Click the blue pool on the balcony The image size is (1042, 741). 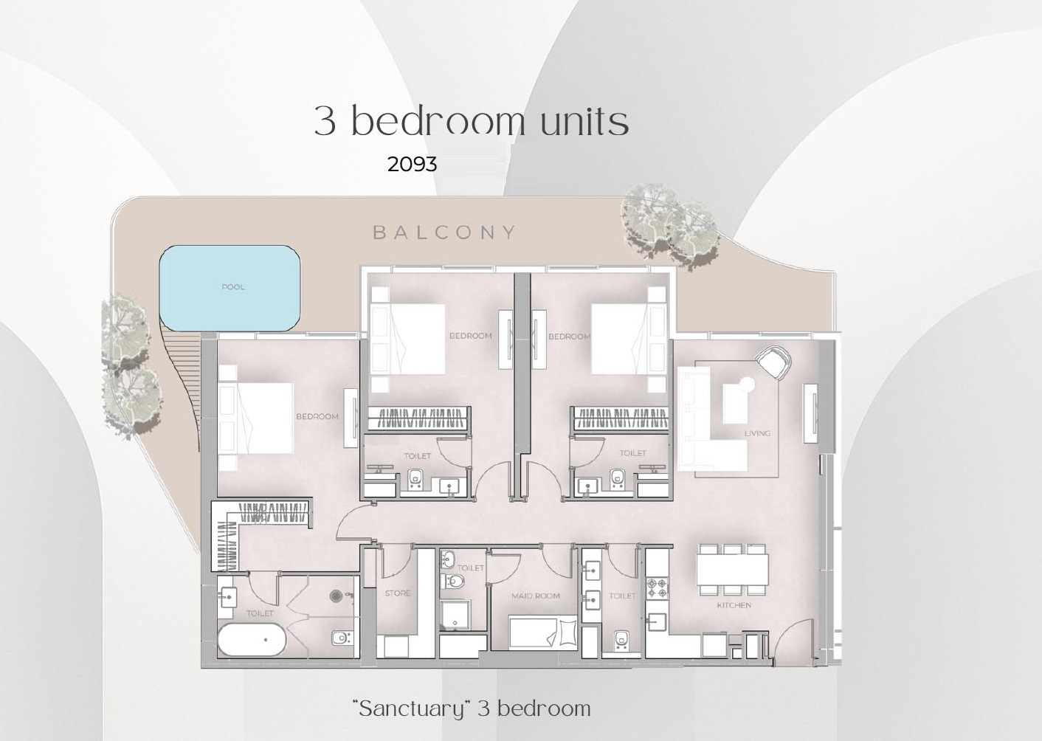[230, 288]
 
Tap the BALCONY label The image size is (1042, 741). [444, 232]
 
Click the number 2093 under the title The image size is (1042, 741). [412, 164]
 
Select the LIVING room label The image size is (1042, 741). [757, 433]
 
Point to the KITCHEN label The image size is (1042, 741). [734, 605]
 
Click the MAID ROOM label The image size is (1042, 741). [536, 596]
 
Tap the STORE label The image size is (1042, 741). [397, 593]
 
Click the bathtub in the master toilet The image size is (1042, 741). [252, 639]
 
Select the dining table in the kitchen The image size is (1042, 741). [732, 569]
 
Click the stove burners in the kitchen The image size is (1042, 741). [657, 588]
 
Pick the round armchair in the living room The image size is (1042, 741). [773, 362]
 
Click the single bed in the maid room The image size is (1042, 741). [543, 632]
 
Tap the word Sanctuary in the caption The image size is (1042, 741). [412, 709]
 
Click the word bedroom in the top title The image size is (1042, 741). [438, 121]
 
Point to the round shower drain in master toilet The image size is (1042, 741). [336, 595]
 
